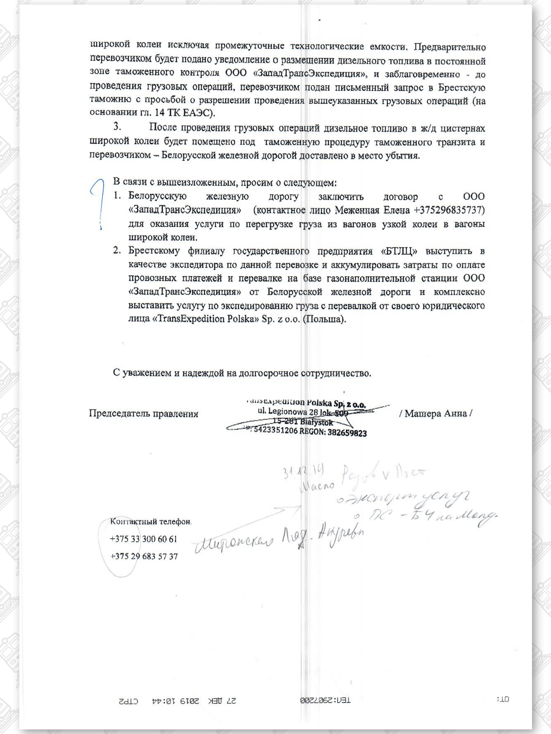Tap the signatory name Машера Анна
435,414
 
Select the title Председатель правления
144,414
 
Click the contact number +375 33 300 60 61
144,539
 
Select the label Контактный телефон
151,522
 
